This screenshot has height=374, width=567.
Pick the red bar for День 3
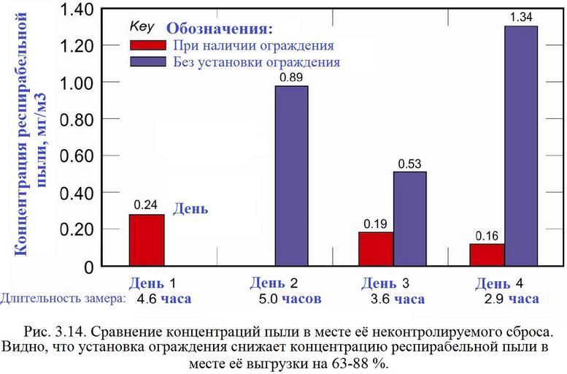[x=376, y=249]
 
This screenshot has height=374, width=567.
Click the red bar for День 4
[x=487, y=255]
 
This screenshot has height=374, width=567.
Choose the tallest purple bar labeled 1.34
[x=520, y=146]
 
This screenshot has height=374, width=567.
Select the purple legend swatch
[x=147, y=62]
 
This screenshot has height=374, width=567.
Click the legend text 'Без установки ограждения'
[x=257, y=62]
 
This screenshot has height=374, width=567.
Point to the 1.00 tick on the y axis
[x=78, y=83]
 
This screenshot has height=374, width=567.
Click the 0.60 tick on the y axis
[x=78, y=156]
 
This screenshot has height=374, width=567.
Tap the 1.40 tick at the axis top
[x=78, y=9]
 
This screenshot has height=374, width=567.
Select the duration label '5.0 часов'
[x=290, y=299]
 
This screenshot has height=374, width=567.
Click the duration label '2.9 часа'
[x=512, y=299]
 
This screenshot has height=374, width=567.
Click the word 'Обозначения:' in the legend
[x=220, y=29]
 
